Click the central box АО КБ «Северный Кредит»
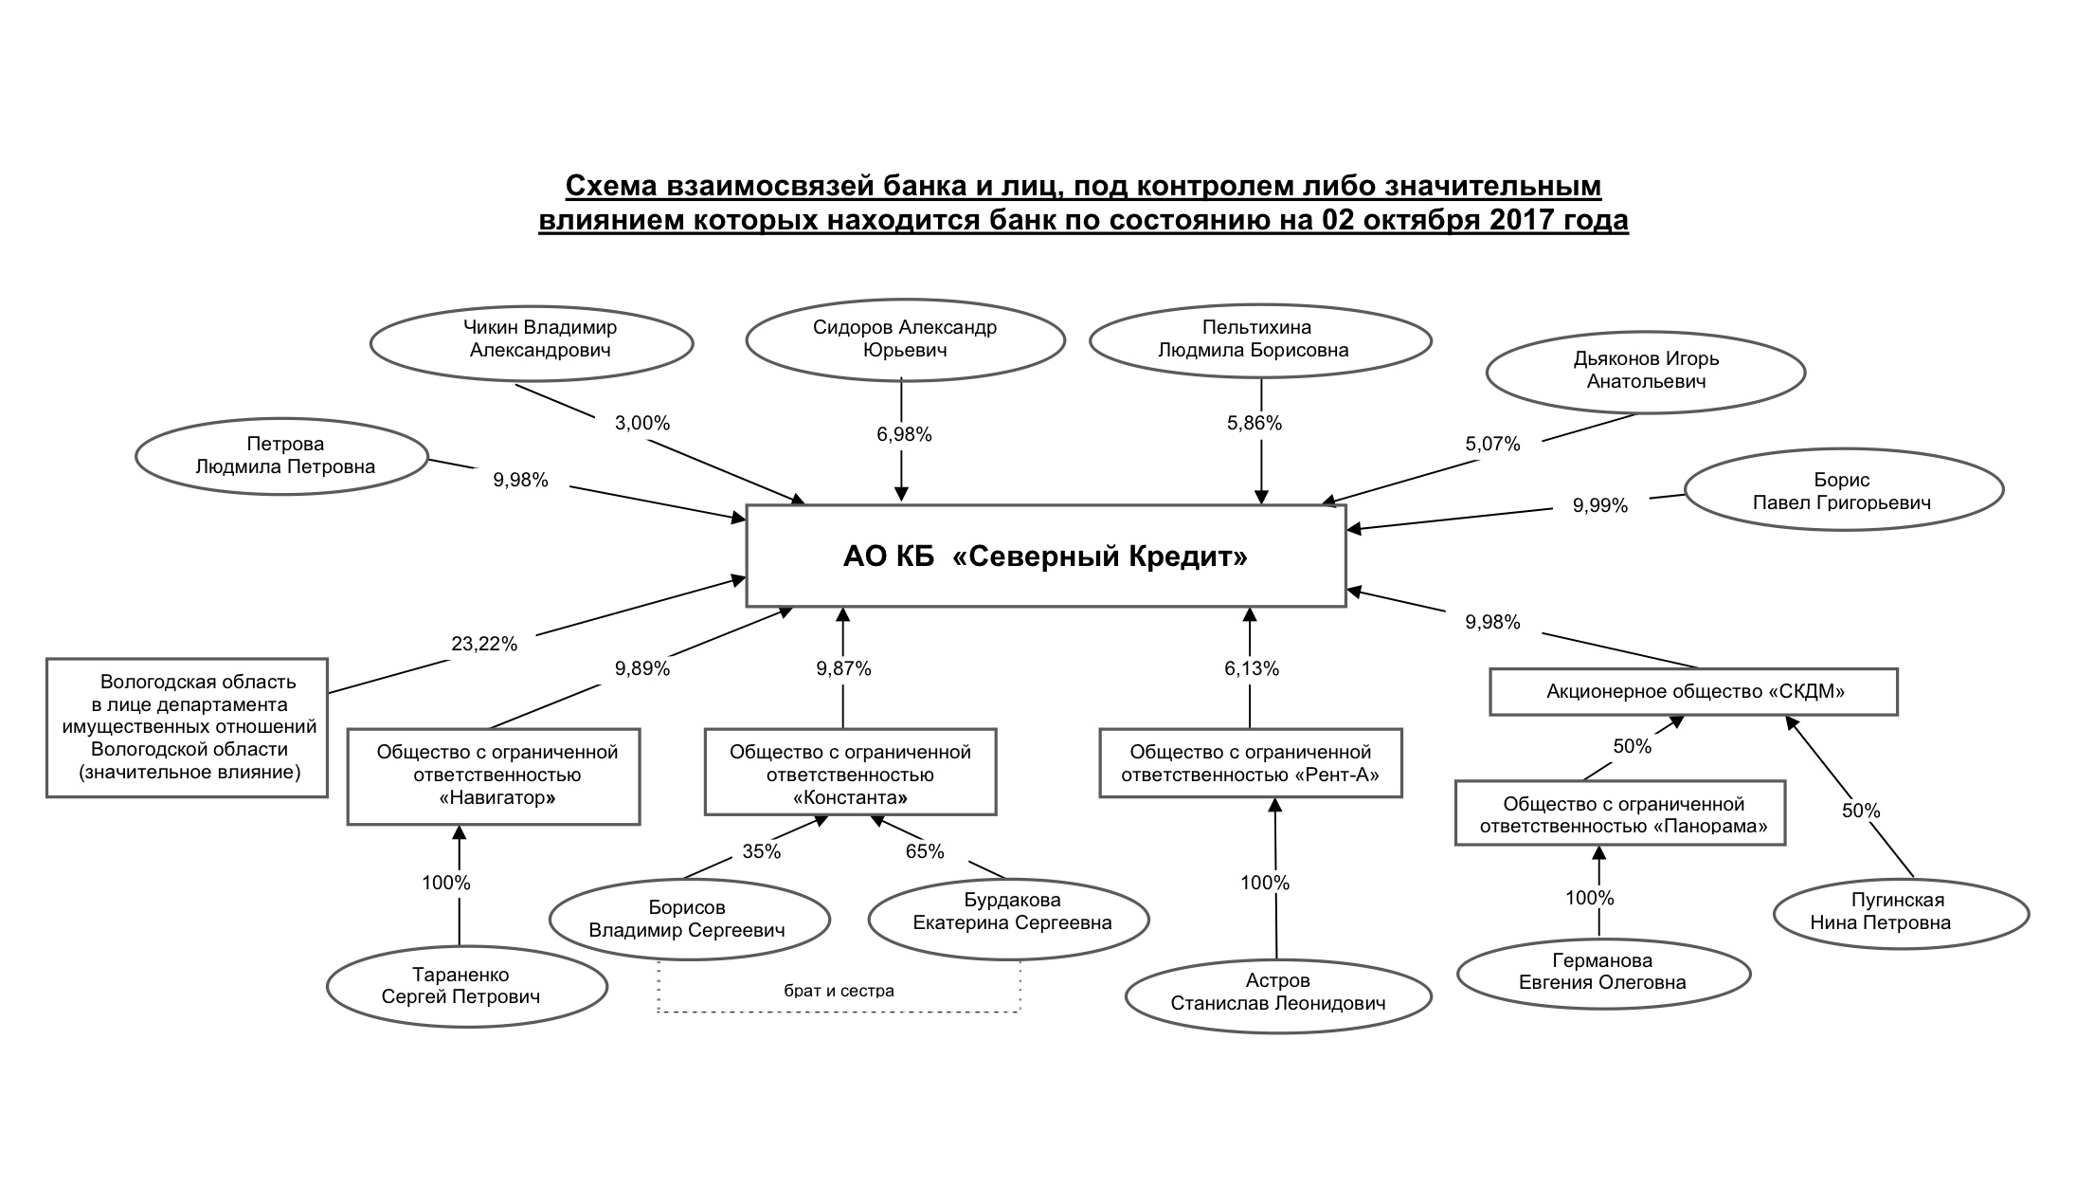tap(1045, 556)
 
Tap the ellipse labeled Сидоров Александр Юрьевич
tap(905, 339)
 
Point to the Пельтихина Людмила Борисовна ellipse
tap(1259, 339)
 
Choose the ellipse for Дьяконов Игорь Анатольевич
tap(1645, 371)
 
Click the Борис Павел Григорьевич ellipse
tap(1842, 491)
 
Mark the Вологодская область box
tap(188, 727)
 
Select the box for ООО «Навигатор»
tap(494, 775)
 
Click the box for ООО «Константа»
tap(850, 772)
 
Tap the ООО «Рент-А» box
tap(1250, 763)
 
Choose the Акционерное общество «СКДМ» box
tap(1693, 692)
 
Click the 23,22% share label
tap(483, 645)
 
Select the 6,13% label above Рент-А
tap(1251, 668)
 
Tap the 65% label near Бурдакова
tap(924, 851)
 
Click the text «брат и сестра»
tap(839, 991)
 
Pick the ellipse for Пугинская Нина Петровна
tap(1901, 912)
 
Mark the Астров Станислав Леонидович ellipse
tap(1277, 993)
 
